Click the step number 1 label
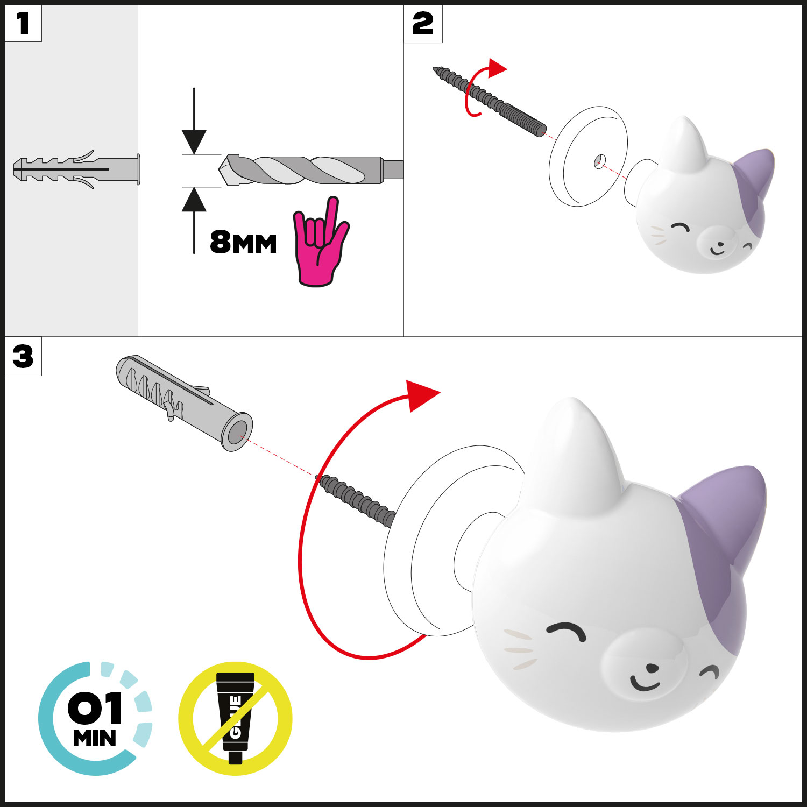[23, 24]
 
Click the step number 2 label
[423, 24]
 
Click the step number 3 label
[23, 357]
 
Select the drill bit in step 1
[311, 170]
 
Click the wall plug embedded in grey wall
[76, 169]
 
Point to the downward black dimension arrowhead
[194, 141]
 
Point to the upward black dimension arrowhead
[194, 199]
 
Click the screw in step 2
[490, 101]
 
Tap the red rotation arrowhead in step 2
[497, 68]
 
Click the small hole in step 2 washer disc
[600, 160]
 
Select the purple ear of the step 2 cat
[755, 186]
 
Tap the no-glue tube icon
[235, 718]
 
